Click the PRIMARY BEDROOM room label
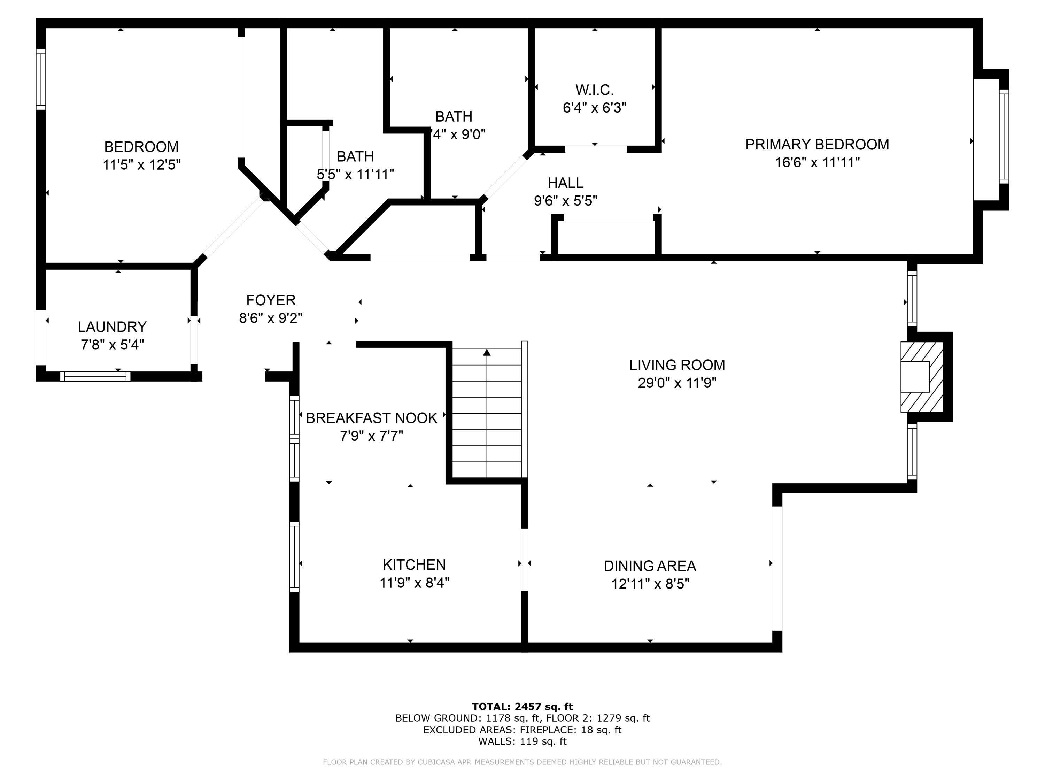817,145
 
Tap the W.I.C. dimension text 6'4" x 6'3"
594,108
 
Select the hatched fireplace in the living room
921,377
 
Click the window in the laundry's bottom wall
95,376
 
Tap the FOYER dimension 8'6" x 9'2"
271,318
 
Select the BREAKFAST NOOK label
372,418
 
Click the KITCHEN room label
414,565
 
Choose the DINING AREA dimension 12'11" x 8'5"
650,584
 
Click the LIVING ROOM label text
677,365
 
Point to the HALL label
565,183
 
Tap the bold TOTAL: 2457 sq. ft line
522,707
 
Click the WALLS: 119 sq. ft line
522,741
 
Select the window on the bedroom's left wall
41,80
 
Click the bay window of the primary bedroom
1003,137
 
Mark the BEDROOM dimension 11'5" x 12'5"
142,165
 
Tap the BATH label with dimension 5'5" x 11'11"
355,156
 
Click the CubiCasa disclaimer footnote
522,762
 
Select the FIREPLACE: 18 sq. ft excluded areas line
522,730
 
